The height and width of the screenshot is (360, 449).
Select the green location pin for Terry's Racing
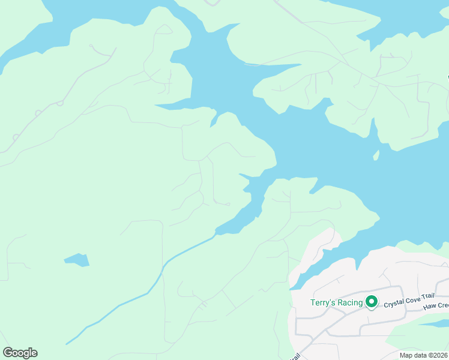tap(372, 302)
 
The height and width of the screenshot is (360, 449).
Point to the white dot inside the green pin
tap(372, 301)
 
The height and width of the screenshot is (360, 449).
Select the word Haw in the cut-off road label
tap(429, 307)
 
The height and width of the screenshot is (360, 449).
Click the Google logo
tap(20, 353)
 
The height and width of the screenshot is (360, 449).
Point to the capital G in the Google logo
tap(8, 352)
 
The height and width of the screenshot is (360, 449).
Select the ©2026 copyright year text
tap(439, 355)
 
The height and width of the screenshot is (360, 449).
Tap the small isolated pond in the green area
tap(77, 260)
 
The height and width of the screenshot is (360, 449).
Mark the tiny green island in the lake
tap(376, 155)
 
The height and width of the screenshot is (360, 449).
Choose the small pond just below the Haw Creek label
tap(433, 323)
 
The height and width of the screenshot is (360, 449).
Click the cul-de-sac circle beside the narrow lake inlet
tap(228, 204)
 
